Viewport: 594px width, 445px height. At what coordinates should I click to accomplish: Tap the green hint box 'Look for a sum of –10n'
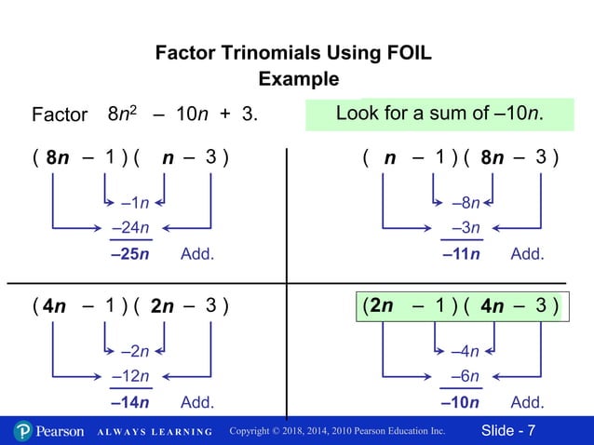click(439, 115)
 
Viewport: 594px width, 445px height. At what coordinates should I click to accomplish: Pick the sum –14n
click(130, 403)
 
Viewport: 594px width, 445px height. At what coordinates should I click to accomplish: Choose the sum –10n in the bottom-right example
click(461, 403)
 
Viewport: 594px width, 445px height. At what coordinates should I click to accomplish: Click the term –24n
click(130, 227)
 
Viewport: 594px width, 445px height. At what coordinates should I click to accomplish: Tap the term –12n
click(130, 376)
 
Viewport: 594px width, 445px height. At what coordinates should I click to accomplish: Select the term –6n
click(465, 376)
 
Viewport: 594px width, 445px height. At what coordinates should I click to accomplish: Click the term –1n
click(135, 203)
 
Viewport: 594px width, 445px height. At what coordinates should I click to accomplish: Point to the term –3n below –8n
click(465, 227)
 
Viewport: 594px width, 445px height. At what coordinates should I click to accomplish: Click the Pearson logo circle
click(23, 431)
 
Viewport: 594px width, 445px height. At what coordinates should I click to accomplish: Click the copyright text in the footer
click(337, 431)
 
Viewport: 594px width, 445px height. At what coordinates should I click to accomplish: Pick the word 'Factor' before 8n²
click(59, 116)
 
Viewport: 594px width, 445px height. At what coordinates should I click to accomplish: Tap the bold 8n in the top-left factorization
click(59, 157)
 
